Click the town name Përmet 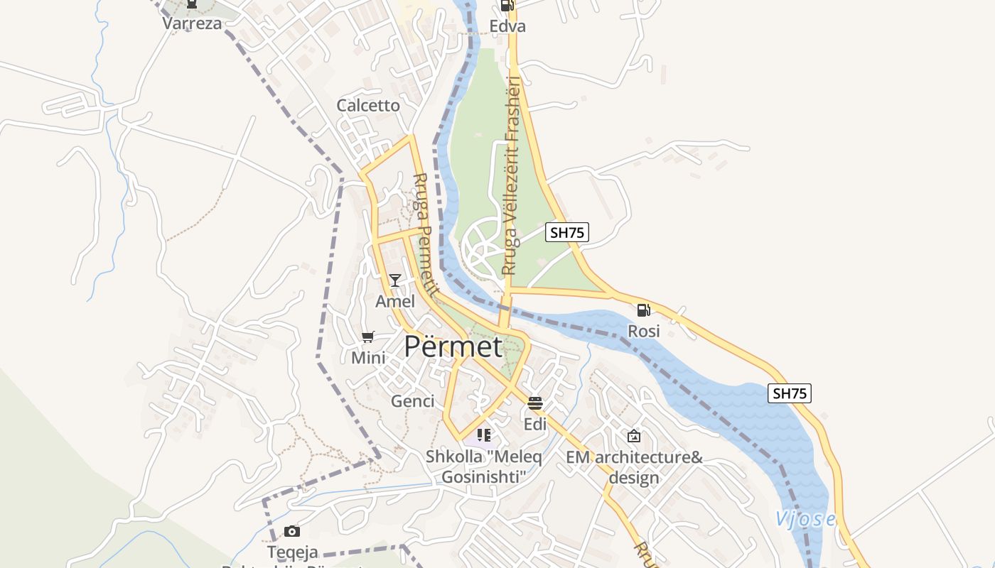coord(453,346)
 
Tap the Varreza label coord(192,23)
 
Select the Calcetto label coord(368,106)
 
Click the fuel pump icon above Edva coord(507,6)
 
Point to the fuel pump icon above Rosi coord(644,310)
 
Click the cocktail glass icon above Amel coord(395,280)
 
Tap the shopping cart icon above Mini coord(368,337)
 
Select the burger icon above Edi coord(535,403)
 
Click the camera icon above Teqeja coord(292,531)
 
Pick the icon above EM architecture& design coord(634,436)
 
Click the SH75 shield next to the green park coord(567,232)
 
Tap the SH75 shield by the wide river coord(790,393)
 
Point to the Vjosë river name coord(805,519)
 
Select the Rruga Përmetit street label coord(424,235)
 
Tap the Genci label coord(412,401)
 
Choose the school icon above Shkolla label coord(484,435)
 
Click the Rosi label coord(644,331)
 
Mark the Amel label coord(395,301)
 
